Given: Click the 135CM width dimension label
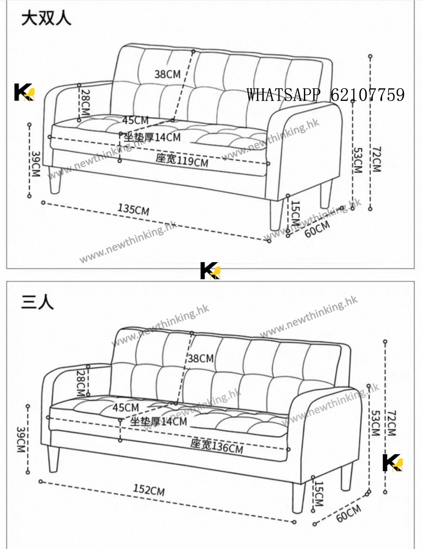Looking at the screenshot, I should point(133,209).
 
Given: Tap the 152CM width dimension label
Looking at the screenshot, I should point(149,490).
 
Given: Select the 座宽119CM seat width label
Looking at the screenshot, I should point(182,160).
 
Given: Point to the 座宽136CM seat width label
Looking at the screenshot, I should point(217,446).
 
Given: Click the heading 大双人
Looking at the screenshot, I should point(46,18).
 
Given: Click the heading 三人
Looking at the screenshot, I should point(37,302).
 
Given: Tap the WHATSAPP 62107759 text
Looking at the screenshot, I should point(325,95).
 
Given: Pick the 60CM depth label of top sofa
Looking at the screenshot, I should point(317,229).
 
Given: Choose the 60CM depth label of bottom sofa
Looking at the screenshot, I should point(349,513).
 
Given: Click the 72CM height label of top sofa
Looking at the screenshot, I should point(376,159).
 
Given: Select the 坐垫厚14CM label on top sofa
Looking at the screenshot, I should point(152,137).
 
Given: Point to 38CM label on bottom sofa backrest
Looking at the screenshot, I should point(201,358).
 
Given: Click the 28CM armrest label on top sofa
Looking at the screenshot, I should point(85,102).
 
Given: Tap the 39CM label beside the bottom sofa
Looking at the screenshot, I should point(21,440).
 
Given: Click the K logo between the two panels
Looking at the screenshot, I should point(210,271).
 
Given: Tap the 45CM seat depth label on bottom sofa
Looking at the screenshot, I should point(126,408).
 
